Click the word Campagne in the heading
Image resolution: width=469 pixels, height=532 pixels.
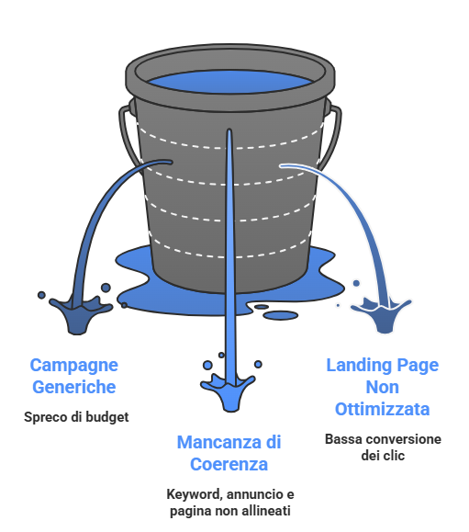pyautogui.click(x=73, y=367)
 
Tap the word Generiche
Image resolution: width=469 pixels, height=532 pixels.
pyautogui.click(x=73, y=387)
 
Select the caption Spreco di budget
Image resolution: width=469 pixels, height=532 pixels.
pyautogui.click(x=76, y=417)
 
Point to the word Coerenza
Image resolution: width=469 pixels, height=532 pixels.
pyautogui.click(x=229, y=464)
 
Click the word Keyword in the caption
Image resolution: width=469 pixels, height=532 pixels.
pyautogui.click(x=195, y=494)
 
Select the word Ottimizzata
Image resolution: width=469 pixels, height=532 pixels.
pyautogui.click(x=382, y=409)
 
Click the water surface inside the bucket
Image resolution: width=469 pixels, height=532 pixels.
pyautogui.click(x=230, y=82)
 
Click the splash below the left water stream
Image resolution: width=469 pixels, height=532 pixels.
pyautogui.click(x=80, y=315)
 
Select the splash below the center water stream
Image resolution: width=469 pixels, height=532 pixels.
pyautogui.click(x=228, y=392)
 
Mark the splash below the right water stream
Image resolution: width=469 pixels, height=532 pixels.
pyautogui.click(x=382, y=315)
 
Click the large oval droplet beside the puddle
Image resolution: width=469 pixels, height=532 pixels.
pyautogui.click(x=281, y=315)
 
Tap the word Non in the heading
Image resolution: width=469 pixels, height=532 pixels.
pyautogui.click(x=382, y=387)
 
